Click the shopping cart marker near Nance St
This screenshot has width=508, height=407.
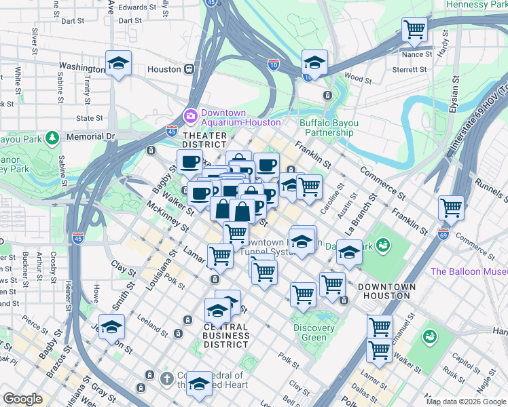414,30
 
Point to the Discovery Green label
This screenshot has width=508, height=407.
314,332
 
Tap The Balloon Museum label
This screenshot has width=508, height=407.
469,271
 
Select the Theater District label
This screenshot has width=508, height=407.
204,139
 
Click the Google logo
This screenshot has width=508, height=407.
22,399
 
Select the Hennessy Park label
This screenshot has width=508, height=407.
476,5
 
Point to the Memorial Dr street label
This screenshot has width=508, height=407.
91,136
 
